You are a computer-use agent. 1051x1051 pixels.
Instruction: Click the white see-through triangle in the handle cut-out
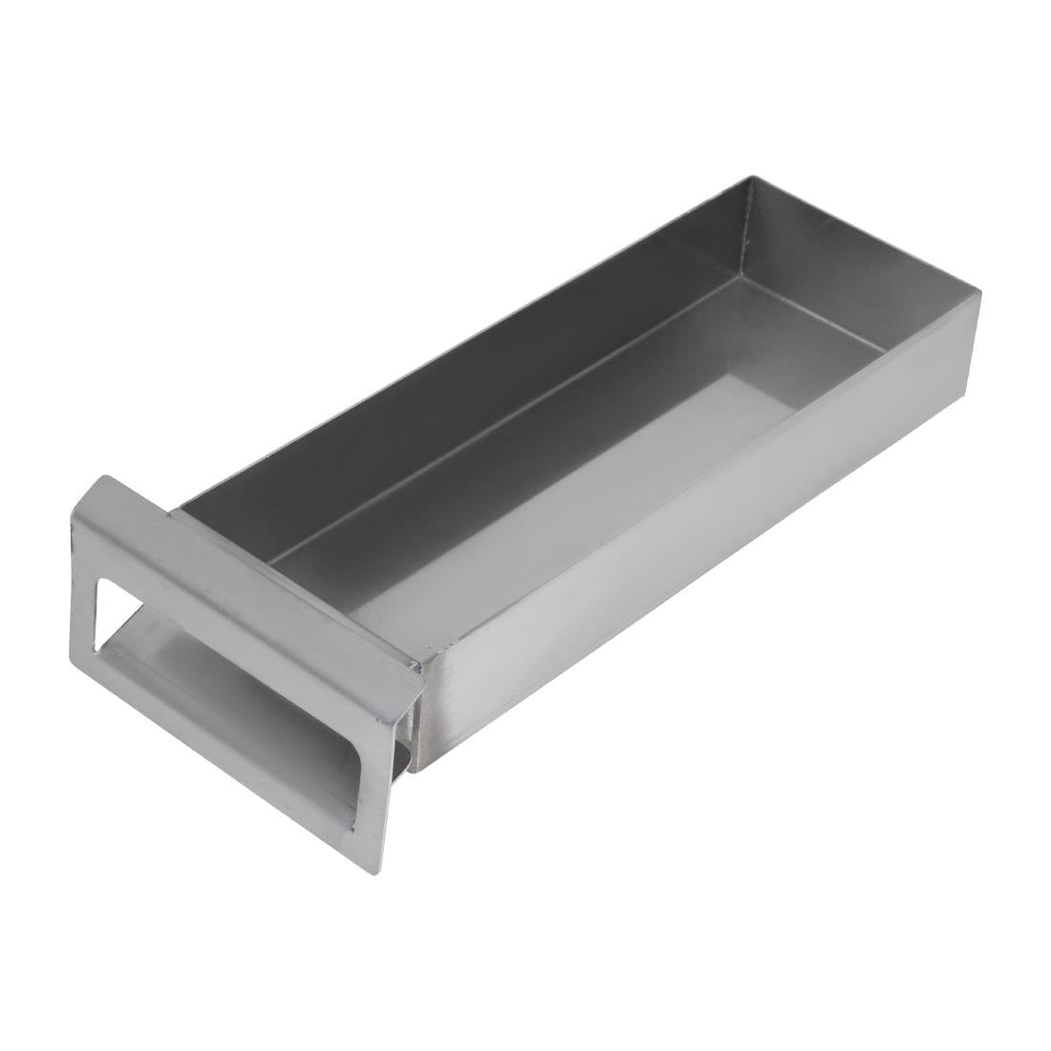[107, 611]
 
